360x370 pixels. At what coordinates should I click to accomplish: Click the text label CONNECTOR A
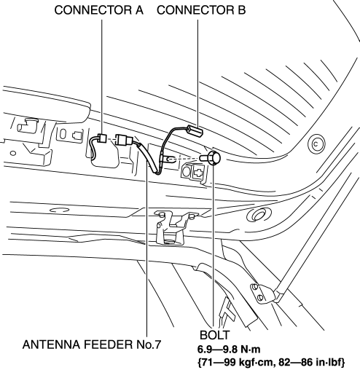tap(98, 10)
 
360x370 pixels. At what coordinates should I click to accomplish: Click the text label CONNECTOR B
tap(201, 10)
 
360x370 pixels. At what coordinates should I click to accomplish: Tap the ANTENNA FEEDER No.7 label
tap(92, 345)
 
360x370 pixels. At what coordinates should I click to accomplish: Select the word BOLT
tap(214, 335)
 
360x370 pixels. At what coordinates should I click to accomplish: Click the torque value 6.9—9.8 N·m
tap(229, 350)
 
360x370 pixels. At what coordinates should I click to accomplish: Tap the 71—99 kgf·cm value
tap(235, 362)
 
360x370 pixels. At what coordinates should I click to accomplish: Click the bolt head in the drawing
tap(214, 158)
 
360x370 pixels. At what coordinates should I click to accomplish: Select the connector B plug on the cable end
tap(195, 131)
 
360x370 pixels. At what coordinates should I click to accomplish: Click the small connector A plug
tap(102, 138)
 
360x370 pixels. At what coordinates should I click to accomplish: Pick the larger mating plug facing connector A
tap(124, 141)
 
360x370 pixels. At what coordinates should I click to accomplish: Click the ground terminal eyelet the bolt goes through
tap(169, 160)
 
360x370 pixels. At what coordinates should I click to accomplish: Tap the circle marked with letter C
tap(316, 144)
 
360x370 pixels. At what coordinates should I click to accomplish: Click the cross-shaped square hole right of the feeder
tap(198, 172)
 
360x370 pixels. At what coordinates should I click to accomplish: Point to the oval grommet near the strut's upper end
tap(259, 214)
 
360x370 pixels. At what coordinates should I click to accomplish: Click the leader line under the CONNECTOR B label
tap(197, 73)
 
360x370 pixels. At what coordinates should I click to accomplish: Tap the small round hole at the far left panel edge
tap(13, 154)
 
